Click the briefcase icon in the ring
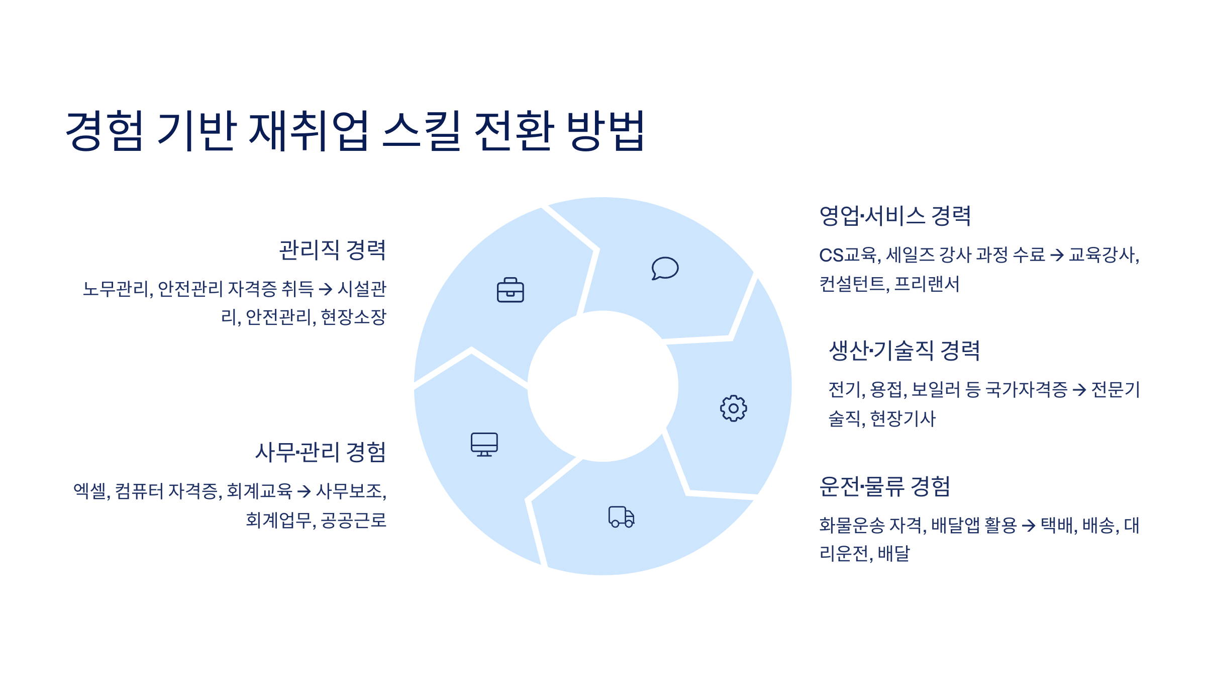pos(510,290)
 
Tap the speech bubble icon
pos(665,268)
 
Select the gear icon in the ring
pos(733,408)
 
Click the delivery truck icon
pos(621,517)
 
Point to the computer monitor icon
pos(484,444)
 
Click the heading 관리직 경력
pos(332,250)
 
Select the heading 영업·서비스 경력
pos(895,216)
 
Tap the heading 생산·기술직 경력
pos(904,351)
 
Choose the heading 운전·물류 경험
pos(884,486)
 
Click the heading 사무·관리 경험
pos(321,452)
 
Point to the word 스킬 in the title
pos(421,131)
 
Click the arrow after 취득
pos(326,289)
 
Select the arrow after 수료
pos(1057,255)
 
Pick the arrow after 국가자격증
pos(1079,390)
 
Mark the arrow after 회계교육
pos(304,491)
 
